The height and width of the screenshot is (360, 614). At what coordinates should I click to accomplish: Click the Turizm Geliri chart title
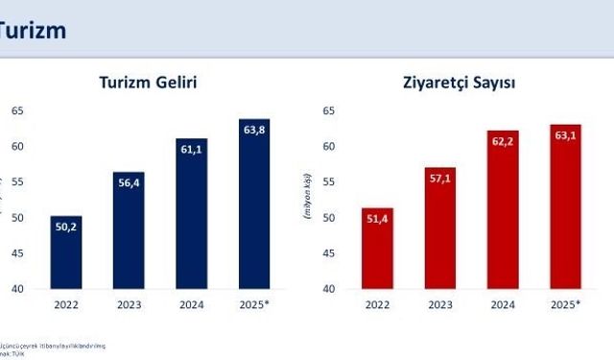coord(148,84)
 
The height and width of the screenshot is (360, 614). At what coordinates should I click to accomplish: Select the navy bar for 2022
coord(66,252)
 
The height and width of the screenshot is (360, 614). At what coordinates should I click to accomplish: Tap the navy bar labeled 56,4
coord(128,230)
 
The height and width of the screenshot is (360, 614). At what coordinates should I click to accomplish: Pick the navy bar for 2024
coord(191,213)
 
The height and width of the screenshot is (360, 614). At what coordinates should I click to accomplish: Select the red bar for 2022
coord(377,248)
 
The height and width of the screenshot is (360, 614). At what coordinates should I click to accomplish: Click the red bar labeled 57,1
coord(439,228)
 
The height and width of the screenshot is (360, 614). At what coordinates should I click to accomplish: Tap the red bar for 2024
coord(503,209)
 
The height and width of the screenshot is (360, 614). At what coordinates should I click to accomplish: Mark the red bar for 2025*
coord(565,206)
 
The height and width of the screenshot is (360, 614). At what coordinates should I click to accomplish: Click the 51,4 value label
coord(377,221)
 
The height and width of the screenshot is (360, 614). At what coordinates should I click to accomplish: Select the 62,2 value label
coord(503,142)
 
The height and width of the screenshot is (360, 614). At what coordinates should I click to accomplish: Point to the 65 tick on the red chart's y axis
coord(328,110)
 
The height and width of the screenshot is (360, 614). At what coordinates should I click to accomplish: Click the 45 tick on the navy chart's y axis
coord(17,252)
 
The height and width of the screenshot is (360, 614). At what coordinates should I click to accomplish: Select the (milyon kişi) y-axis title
coord(307,200)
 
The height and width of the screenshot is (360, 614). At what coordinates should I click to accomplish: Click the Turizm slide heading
coord(33,30)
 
